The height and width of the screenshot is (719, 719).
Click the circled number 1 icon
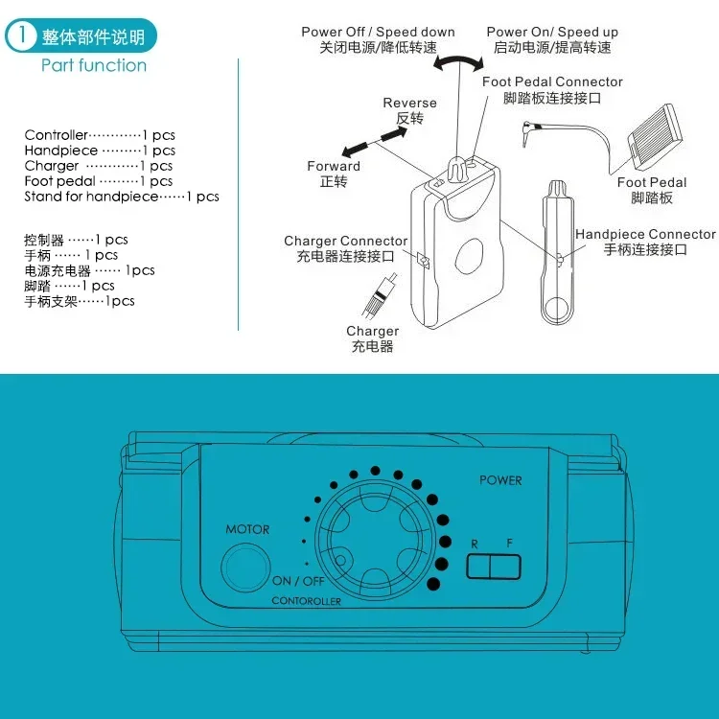[20, 36]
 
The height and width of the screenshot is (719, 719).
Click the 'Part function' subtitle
[94, 65]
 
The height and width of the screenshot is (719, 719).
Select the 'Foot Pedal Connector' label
[552, 82]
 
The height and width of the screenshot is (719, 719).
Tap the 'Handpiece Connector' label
[644, 234]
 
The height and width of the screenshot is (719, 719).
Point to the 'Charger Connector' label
[345, 241]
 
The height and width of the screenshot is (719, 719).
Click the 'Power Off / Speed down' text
[378, 32]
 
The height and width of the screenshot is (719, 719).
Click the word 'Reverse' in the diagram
[409, 104]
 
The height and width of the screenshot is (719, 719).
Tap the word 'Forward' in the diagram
[334, 166]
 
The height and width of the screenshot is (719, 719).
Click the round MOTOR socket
[246, 567]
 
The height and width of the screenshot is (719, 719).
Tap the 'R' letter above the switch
[474, 543]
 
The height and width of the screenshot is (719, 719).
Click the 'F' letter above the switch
[509, 543]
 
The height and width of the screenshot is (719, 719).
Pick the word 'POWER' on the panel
[500, 480]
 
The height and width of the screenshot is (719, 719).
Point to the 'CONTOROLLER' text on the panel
[306, 601]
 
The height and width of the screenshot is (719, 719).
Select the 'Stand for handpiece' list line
[122, 197]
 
